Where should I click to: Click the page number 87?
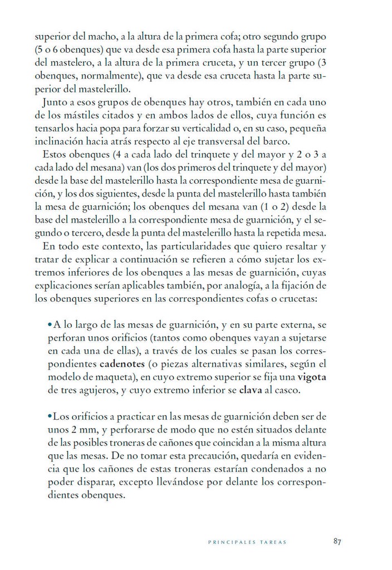tap(337, 540)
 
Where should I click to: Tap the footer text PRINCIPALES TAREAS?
tap(248, 542)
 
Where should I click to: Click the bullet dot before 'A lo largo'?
tap(50, 325)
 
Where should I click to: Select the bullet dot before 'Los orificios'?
tap(50, 416)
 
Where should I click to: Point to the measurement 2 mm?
tap(82, 429)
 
